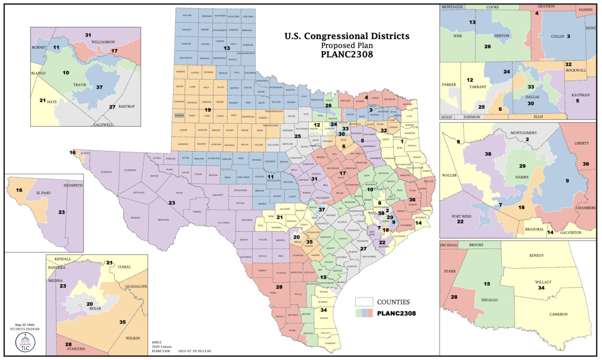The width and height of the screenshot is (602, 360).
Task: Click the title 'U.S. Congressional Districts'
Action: [x=347, y=36]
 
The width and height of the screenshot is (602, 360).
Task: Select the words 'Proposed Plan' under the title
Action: [x=347, y=46]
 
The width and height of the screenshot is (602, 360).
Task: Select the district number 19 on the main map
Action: [x=208, y=110]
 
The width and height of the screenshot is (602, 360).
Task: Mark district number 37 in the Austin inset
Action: [x=99, y=87]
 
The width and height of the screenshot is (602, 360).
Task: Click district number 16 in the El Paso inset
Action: [x=19, y=189]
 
